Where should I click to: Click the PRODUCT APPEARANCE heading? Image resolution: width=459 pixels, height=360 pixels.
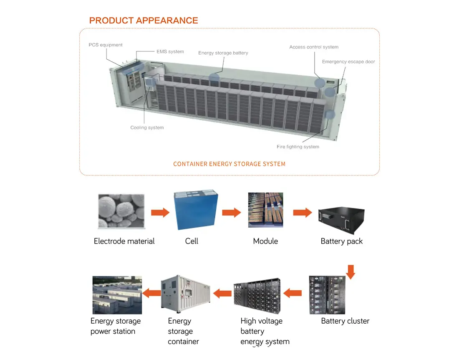click(x=144, y=20)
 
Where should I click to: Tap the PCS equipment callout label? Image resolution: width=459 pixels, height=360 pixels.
click(x=106, y=45)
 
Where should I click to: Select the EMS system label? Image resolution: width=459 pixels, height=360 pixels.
click(x=170, y=52)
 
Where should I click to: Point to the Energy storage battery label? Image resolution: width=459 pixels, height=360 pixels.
click(x=223, y=53)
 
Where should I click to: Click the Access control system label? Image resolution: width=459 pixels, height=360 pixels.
click(x=314, y=47)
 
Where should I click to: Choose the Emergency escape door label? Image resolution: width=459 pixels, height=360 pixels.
click(x=348, y=62)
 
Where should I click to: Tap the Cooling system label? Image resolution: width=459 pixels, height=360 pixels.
click(x=147, y=127)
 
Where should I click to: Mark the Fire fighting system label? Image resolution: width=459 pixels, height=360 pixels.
click(x=298, y=147)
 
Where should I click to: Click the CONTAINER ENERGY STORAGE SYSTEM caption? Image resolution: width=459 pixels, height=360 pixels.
click(x=229, y=164)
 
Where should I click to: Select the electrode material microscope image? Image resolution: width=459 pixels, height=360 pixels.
click(x=121, y=211)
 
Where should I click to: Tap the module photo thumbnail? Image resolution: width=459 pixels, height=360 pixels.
click(x=265, y=210)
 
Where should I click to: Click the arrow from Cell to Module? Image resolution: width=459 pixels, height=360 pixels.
click(x=231, y=213)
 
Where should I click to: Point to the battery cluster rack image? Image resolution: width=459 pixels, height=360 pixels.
click(x=327, y=295)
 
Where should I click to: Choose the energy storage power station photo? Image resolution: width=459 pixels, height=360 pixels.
click(x=117, y=295)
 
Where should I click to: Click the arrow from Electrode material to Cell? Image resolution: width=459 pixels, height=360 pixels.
click(x=160, y=213)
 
